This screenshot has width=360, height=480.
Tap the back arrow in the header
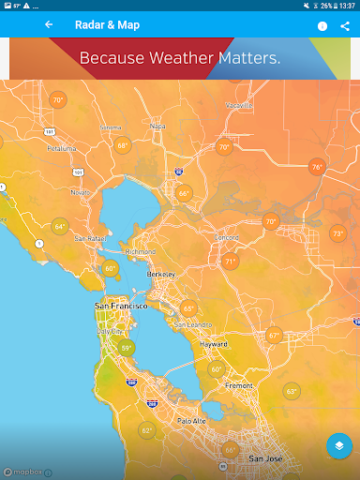(49, 25)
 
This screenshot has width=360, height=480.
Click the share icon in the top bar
(345, 26)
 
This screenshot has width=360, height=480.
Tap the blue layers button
(339, 446)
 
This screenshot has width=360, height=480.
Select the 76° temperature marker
(317, 167)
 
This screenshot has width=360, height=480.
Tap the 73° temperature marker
(337, 233)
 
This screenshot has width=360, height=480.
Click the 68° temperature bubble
(123, 145)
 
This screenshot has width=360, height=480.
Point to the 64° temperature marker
(60, 226)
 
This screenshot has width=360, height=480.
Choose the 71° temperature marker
(230, 262)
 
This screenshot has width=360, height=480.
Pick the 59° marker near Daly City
(126, 348)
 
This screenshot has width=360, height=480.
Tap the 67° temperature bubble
(274, 335)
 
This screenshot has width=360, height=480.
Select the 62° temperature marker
(146, 430)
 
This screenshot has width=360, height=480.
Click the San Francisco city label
(121, 307)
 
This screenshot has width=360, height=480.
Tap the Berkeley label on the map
(161, 273)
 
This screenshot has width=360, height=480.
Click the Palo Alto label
(191, 421)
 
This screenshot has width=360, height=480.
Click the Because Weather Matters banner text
(179, 58)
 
